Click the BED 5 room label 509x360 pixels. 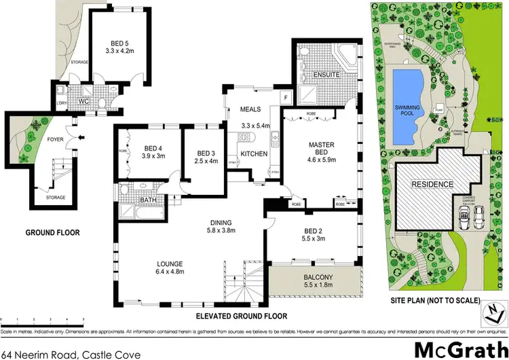115,40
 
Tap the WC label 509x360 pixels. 84,101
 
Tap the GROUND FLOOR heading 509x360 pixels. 52,233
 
